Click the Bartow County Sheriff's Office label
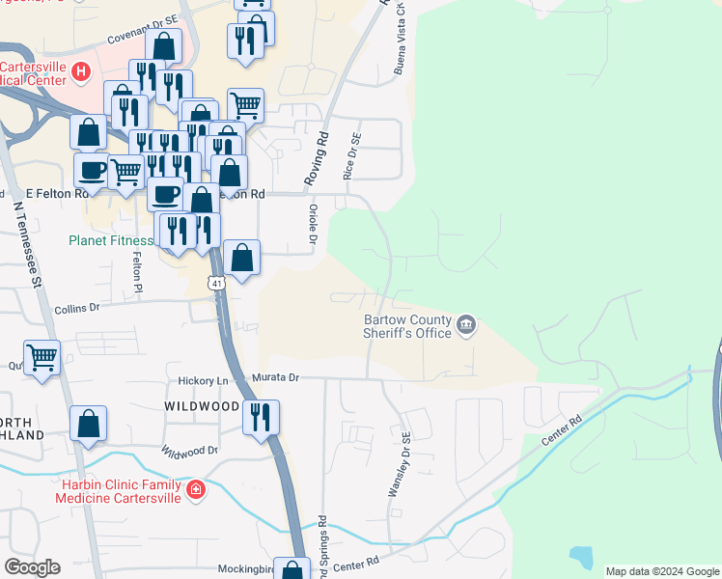click(x=407, y=326)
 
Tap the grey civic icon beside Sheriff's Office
click(x=466, y=323)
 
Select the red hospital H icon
click(x=81, y=70)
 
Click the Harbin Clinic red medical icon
click(x=196, y=490)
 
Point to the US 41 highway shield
click(x=215, y=283)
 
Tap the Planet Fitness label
click(x=110, y=241)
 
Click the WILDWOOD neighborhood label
click(x=202, y=407)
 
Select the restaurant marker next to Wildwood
click(x=261, y=417)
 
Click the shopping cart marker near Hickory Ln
click(x=42, y=358)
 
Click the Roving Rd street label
click(x=317, y=159)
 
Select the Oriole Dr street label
click(x=312, y=223)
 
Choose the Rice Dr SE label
click(x=350, y=156)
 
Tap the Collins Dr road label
click(x=77, y=307)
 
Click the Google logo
click(x=32, y=567)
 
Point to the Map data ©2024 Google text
click(x=661, y=571)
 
